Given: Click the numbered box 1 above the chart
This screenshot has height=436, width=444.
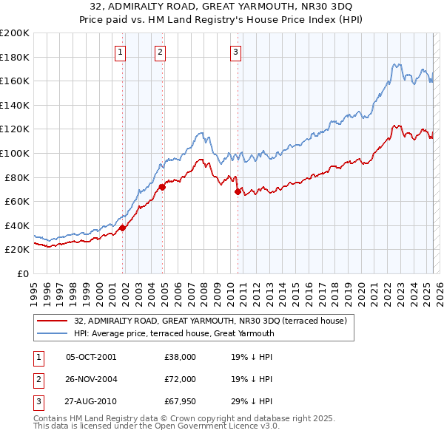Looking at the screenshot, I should (x=120, y=52).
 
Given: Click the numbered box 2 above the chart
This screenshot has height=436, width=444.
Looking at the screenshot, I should (x=160, y=52).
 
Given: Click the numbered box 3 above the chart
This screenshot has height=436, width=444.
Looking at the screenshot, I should (x=235, y=52).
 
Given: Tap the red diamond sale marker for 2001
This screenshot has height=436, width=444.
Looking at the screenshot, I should (x=123, y=228).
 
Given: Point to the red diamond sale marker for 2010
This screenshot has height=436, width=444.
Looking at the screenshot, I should (x=238, y=191).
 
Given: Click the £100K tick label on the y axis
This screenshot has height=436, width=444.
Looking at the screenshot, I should (x=15, y=153).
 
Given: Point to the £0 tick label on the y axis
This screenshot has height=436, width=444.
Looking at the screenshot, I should (x=23, y=274).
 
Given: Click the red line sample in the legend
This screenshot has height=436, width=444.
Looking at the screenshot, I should (x=53, y=321).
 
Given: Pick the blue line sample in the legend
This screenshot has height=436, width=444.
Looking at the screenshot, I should (x=53, y=333).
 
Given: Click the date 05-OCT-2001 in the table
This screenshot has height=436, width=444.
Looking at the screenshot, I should (x=91, y=357).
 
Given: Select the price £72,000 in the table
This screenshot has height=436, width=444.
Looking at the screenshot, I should (x=180, y=379).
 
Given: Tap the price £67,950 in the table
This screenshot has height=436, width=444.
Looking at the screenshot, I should (x=180, y=401).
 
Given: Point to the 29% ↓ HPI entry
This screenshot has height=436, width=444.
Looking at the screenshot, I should (x=252, y=401).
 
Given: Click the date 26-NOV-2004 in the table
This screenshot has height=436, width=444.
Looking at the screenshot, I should (x=92, y=379).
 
